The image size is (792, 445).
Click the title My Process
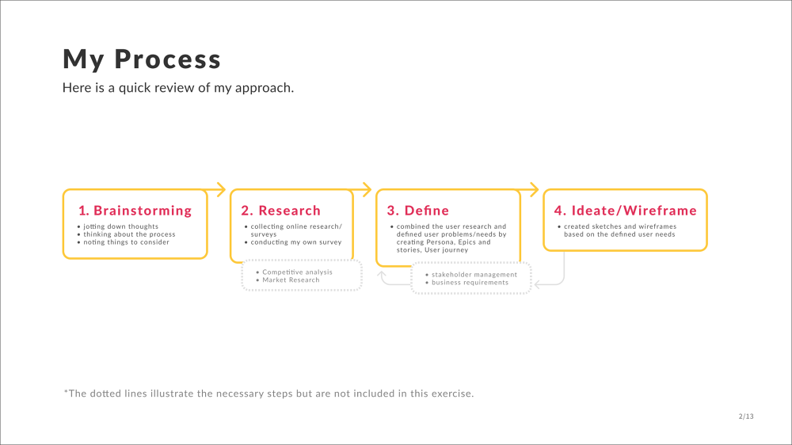[x=142, y=59]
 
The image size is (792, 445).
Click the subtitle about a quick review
[x=177, y=88]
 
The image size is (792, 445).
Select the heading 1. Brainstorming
[x=135, y=210]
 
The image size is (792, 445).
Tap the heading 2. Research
[x=281, y=210]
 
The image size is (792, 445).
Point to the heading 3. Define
[x=417, y=210]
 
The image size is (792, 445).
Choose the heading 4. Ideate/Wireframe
[x=626, y=210]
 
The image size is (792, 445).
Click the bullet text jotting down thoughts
[x=120, y=226]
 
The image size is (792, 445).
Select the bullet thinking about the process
[x=129, y=234]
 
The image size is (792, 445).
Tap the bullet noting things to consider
[x=126, y=242]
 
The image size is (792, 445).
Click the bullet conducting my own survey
[x=296, y=242]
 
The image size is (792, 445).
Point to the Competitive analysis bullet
[x=297, y=272]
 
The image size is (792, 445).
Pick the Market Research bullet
[x=291, y=280]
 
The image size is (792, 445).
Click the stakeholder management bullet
[x=474, y=275]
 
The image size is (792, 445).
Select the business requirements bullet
[x=470, y=283]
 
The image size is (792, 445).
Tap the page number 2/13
[x=746, y=416]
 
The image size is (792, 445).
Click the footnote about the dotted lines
[x=268, y=394]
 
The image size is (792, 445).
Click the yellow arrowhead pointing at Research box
[x=221, y=189]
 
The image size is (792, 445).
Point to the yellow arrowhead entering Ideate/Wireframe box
[x=535, y=189]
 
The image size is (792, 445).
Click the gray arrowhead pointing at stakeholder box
[x=538, y=285]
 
